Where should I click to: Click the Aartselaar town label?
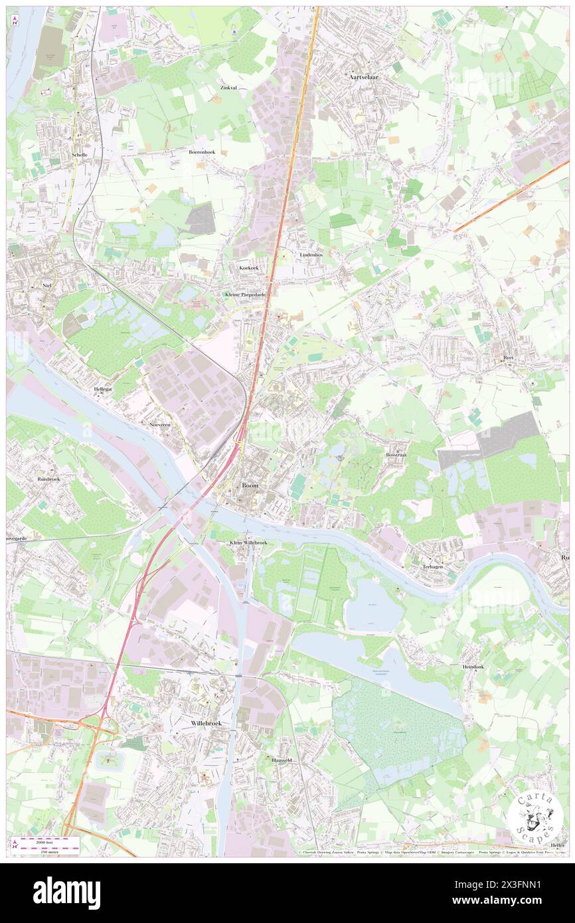[x=364, y=77]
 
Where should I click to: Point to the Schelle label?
[x=79, y=155]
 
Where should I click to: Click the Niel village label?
[x=46, y=284]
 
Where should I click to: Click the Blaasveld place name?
[x=280, y=760]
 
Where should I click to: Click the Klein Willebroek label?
[x=248, y=543]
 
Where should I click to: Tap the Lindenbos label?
[x=311, y=255]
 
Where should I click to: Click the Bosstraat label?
[x=396, y=456]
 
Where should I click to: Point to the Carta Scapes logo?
[x=533, y=817]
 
